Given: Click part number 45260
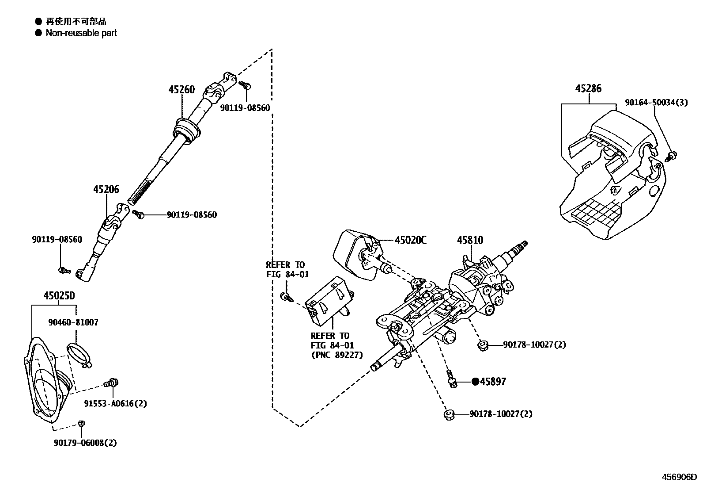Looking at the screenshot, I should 181,90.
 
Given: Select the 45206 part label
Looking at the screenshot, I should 106,190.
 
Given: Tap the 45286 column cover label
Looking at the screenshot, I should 588,88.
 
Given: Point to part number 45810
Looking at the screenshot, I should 470,240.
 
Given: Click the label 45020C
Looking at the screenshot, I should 411,240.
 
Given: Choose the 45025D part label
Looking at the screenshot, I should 59,295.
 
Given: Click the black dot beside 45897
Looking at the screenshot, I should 475,382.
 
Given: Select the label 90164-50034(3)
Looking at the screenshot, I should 656,103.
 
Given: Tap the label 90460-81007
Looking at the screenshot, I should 73,322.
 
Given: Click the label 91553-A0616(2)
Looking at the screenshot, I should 116,403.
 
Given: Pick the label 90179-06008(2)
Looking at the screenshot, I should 86,443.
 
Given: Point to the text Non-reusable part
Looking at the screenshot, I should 81,33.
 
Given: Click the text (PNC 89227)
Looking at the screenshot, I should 337,355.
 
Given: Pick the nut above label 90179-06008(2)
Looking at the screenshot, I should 81,424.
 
